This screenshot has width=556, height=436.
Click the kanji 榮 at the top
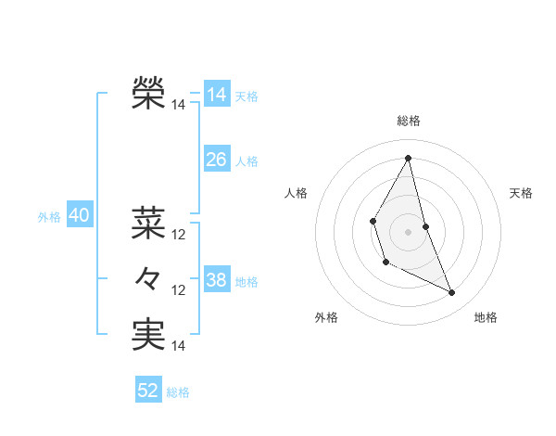click(x=148, y=94)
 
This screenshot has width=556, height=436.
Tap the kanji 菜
click(x=148, y=222)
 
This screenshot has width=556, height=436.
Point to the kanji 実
click(x=148, y=334)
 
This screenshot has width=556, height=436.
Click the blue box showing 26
click(x=216, y=160)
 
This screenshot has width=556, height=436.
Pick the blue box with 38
click(x=216, y=280)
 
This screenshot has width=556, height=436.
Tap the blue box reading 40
click(x=79, y=216)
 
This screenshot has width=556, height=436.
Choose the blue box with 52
click(x=148, y=391)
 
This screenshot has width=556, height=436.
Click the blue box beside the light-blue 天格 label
click(x=216, y=95)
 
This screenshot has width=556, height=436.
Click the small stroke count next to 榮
click(x=178, y=106)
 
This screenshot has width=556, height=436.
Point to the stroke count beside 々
click(x=179, y=290)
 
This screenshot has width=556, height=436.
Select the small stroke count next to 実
click(x=179, y=346)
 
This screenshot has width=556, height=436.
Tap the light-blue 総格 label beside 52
click(x=179, y=393)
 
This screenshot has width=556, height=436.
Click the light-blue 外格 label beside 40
click(x=49, y=218)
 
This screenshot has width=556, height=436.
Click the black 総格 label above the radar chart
click(x=408, y=121)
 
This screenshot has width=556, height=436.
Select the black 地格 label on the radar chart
click(x=486, y=317)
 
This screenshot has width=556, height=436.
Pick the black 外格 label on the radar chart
click(x=326, y=317)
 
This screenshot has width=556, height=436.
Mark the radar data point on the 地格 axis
click(x=452, y=293)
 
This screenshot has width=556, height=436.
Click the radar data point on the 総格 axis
click(x=408, y=157)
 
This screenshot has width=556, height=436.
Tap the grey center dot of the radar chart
click(x=408, y=230)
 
